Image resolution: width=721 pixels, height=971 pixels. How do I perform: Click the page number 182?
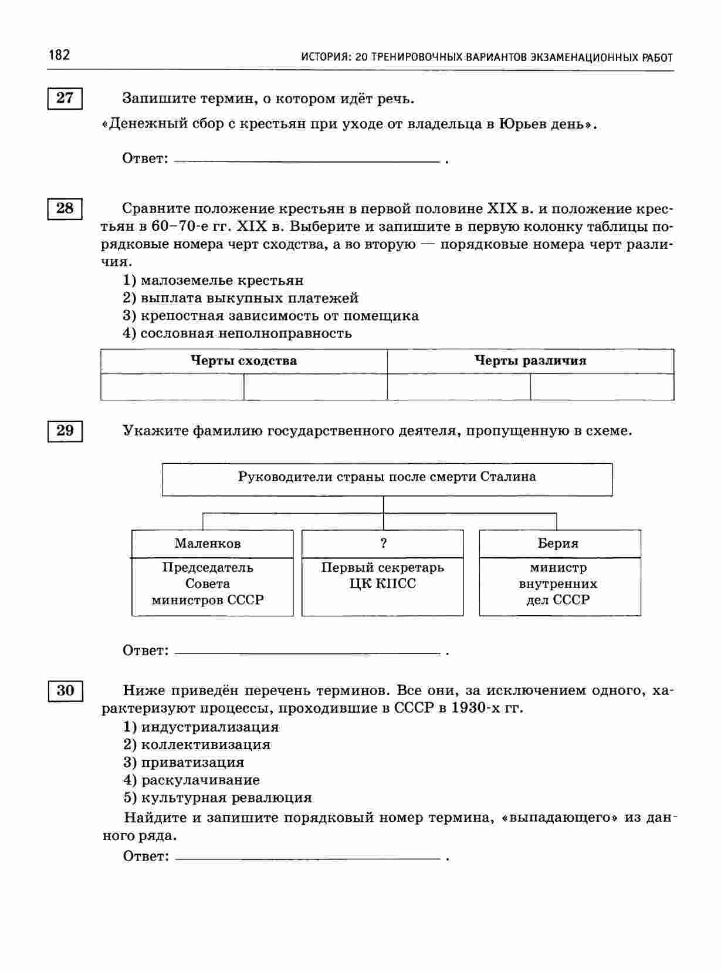pos(59,55)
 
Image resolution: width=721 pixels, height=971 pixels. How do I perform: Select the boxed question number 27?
pos(65,97)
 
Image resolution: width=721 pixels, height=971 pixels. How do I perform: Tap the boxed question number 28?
pos(65,208)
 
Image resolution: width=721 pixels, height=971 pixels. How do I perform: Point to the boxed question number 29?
pos(65,430)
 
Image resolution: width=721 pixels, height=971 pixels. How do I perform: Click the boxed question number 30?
pos(65,690)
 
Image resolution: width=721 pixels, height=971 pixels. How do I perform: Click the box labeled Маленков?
pos(208,544)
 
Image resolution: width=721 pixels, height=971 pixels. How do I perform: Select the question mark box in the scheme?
pos(383,544)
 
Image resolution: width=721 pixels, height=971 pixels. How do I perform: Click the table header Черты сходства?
pos(244,361)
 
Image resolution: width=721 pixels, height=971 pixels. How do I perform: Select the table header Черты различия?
pos(530,361)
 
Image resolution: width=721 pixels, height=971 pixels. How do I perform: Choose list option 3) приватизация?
pos(184,763)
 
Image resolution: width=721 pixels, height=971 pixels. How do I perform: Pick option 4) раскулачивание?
pos(191,780)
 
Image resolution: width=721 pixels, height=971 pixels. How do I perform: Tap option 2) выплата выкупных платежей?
pos(241,298)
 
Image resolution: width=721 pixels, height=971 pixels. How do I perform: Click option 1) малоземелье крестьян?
pos(214,281)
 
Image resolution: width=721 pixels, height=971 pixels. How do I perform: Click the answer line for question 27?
pos(307,160)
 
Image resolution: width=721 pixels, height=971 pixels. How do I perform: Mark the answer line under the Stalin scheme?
pos(307,652)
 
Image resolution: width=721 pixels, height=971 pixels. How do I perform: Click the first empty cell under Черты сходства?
pos(172,387)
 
